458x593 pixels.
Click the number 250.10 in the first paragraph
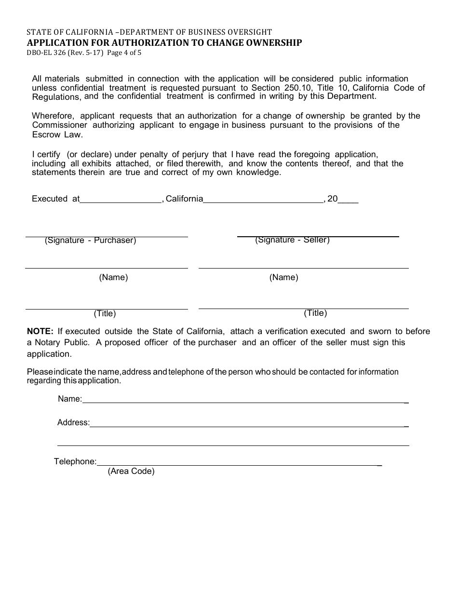coord(296,88)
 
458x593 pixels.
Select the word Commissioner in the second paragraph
coord(60,125)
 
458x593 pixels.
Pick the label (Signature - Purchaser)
coord(90,241)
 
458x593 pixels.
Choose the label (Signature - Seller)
coord(292,240)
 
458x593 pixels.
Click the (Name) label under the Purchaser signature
coord(113,277)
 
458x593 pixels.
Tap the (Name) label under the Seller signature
coord(283,277)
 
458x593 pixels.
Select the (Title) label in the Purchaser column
coord(105,313)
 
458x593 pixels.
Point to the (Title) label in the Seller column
coord(315,313)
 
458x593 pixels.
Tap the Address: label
coord(73,423)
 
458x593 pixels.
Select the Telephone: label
coord(75,461)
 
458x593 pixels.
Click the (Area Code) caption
coord(131,471)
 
